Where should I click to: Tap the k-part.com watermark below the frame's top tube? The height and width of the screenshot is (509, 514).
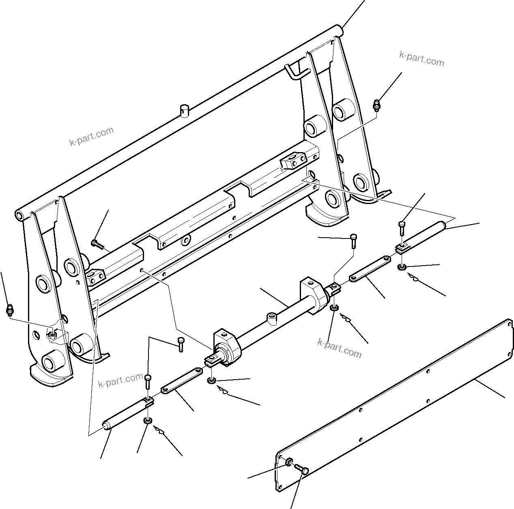[91, 136]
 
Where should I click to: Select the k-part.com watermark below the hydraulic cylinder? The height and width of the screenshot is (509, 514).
[339, 348]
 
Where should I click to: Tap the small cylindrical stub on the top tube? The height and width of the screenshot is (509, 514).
[185, 110]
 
